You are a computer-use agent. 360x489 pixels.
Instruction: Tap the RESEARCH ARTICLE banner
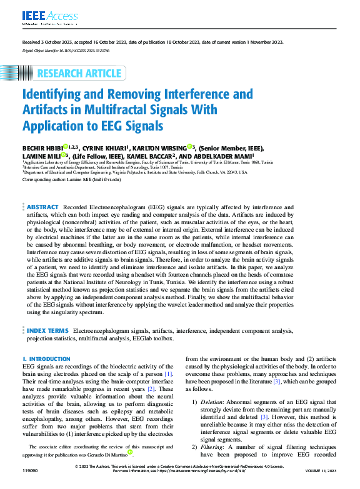(x=79, y=74)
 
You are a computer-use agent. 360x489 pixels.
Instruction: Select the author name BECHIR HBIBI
(x=41, y=148)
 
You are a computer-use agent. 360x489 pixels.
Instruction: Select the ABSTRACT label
(x=42, y=207)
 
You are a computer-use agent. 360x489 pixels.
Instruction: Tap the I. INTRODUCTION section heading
(x=47, y=359)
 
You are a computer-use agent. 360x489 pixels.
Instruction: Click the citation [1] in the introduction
(x=167, y=373)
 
